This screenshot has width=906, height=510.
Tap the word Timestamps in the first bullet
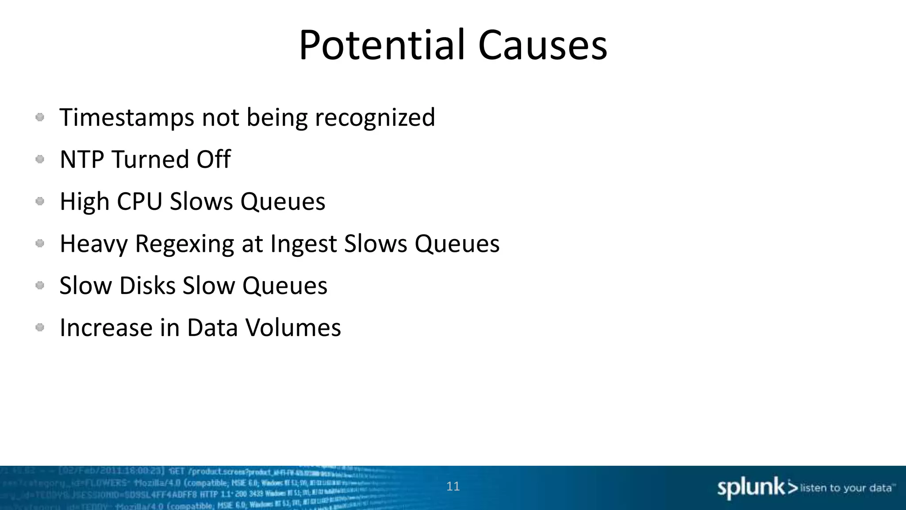pyautogui.click(x=127, y=118)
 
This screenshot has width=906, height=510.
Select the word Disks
pyautogui.click(x=148, y=286)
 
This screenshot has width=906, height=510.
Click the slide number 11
pyautogui.click(x=453, y=486)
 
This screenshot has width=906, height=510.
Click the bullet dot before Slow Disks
pyautogui.click(x=40, y=286)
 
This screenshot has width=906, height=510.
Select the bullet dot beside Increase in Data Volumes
pyautogui.click(x=40, y=328)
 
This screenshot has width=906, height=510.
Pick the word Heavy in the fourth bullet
pyautogui.click(x=93, y=244)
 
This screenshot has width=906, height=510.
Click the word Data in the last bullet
pyautogui.click(x=212, y=328)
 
